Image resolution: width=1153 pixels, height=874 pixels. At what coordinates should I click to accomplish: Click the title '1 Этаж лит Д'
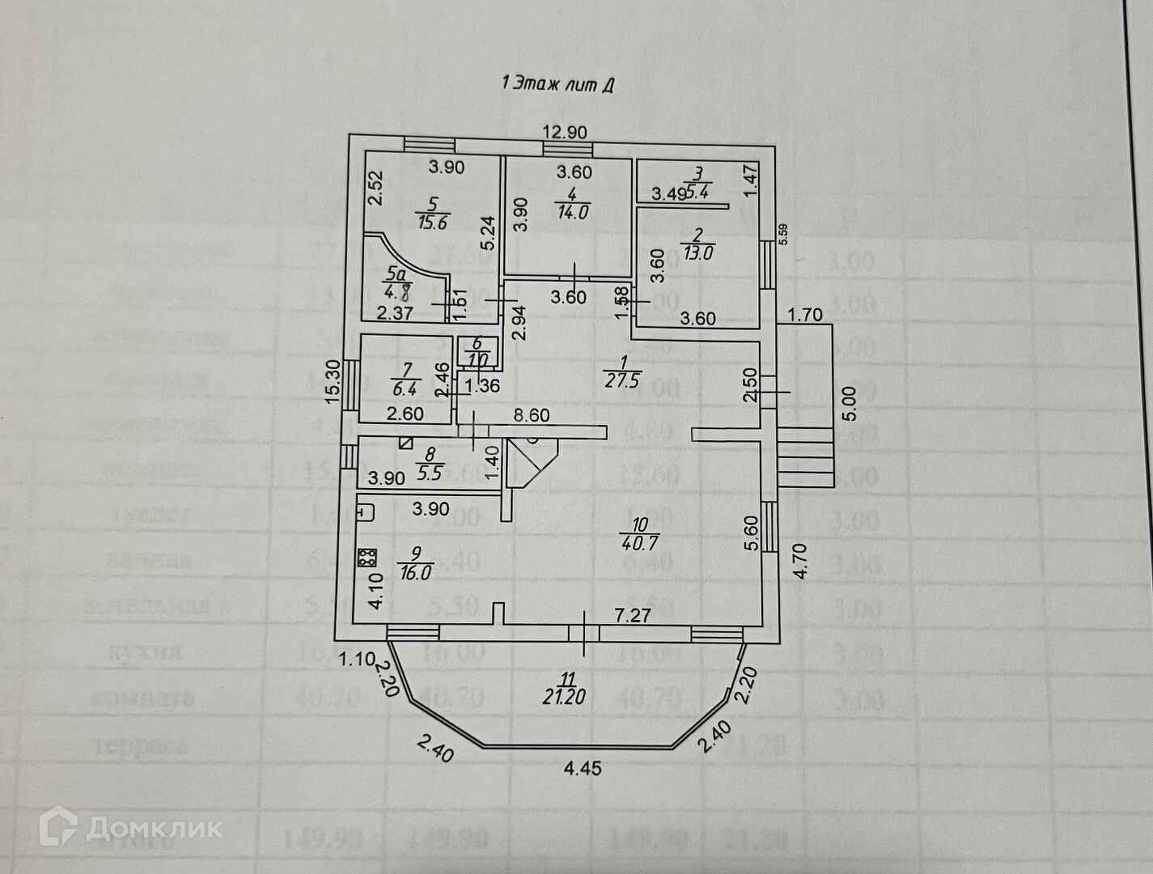click(558, 83)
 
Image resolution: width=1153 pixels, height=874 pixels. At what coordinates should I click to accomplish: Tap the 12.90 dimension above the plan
click(565, 132)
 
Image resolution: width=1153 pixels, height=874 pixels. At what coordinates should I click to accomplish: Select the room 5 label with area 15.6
click(433, 214)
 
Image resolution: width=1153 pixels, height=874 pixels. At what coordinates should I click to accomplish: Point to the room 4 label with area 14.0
click(572, 204)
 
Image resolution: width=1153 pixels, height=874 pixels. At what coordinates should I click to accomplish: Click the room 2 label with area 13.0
click(697, 244)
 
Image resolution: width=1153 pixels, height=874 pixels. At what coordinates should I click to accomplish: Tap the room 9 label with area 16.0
click(416, 563)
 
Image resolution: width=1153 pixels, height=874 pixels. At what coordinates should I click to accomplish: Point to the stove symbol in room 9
click(367, 557)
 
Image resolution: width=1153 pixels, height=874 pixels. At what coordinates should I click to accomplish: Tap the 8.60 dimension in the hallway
click(532, 416)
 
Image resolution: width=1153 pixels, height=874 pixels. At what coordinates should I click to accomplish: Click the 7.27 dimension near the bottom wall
click(632, 616)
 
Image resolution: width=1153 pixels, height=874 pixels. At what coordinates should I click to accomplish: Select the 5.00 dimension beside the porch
click(849, 402)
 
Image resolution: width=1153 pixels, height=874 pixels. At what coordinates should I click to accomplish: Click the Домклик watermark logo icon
click(58, 828)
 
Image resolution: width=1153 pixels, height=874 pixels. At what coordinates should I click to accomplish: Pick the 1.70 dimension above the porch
click(805, 315)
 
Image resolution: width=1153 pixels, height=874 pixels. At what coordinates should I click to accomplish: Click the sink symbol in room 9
click(366, 511)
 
